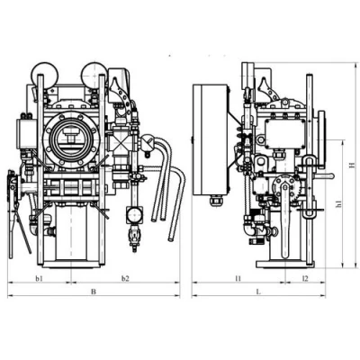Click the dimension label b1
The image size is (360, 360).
point(39,279)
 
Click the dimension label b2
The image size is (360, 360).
point(125,279)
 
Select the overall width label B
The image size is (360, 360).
point(94,292)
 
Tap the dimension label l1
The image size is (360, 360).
point(238,279)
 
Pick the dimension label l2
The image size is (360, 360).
point(305,279)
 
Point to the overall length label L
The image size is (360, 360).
point(258,292)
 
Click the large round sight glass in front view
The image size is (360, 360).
point(70,139)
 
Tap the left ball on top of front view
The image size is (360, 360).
point(45,75)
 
